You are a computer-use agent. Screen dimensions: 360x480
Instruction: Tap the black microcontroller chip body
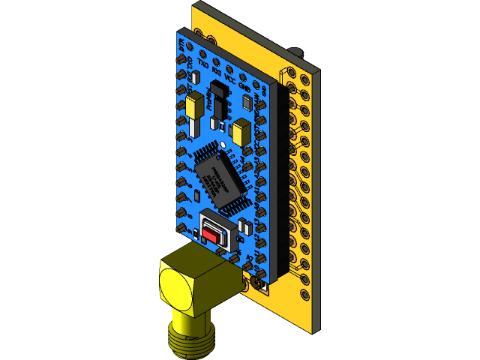(x=219, y=178)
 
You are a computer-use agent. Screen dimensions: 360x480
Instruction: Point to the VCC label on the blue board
(x=229, y=76)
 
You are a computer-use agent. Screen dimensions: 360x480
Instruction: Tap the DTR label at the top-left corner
(x=182, y=45)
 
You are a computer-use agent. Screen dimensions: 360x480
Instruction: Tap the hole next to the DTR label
(x=182, y=58)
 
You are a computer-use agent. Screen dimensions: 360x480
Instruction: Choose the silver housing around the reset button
(x=219, y=229)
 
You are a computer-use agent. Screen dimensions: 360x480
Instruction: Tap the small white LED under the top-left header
(x=193, y=76)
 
